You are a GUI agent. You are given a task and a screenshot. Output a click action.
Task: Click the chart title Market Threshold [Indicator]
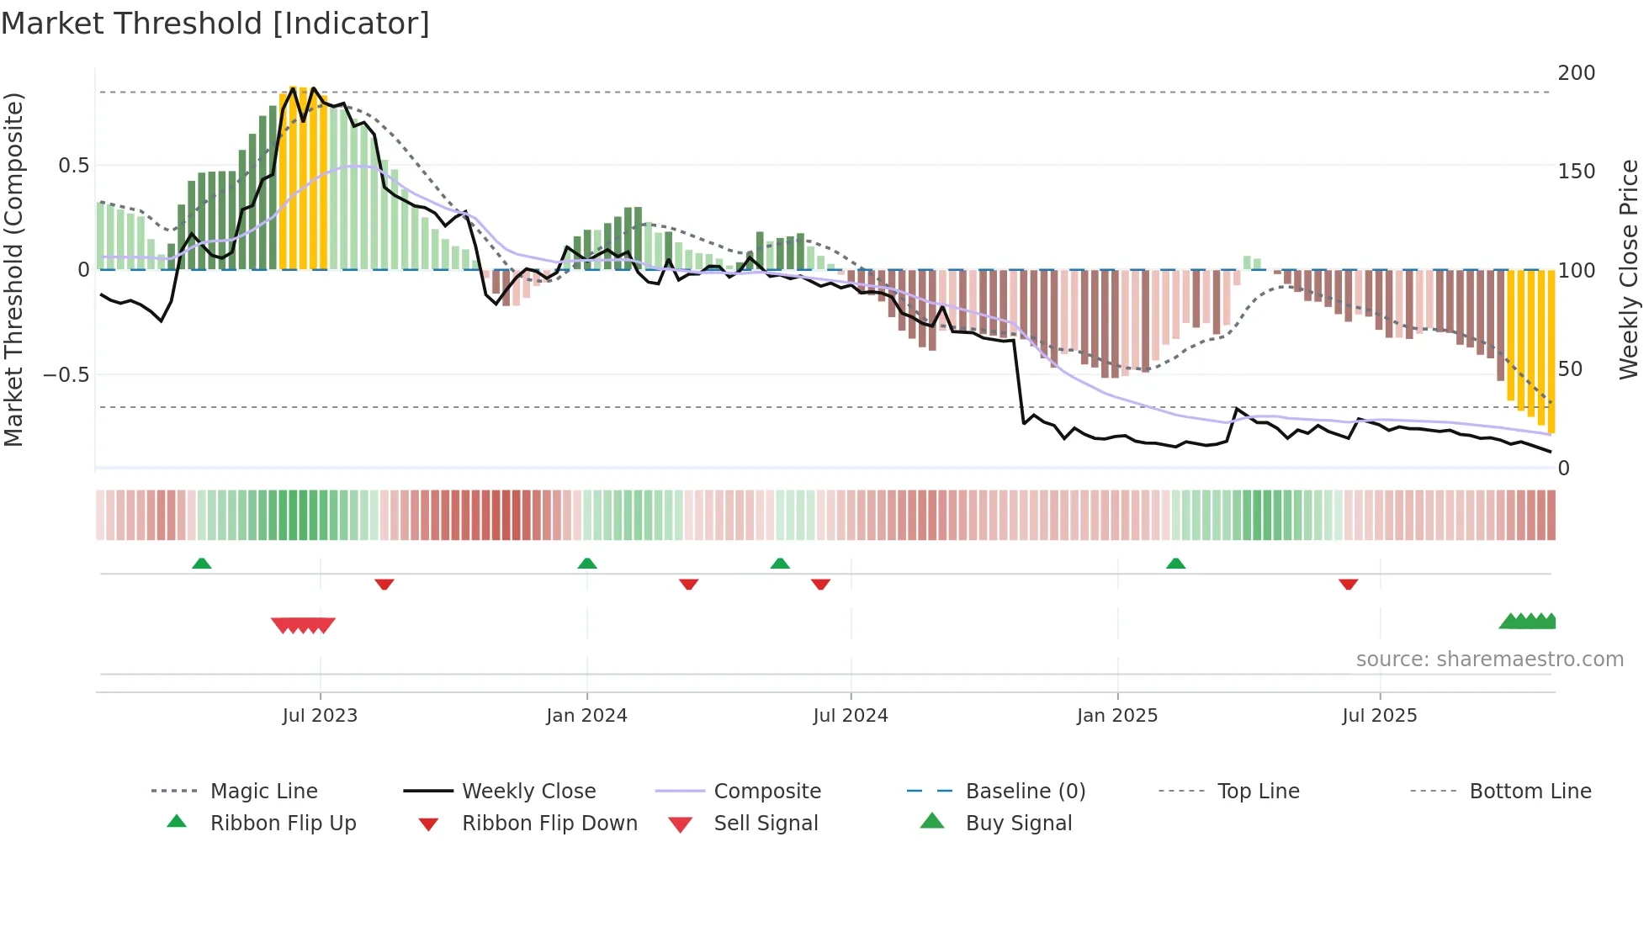click(x=215, y=24)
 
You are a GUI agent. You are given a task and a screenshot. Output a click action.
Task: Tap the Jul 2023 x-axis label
click(x=320, y=716)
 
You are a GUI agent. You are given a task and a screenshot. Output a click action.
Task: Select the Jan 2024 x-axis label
click(x=586, y=716)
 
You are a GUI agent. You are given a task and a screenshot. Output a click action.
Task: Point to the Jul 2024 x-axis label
click(x=851, y=716)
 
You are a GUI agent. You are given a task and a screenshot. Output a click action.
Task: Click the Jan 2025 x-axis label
click(x=1117, y=716)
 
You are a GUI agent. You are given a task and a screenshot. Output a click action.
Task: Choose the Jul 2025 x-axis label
click(x=1380, y=716)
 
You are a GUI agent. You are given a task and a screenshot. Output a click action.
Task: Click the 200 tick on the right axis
click(x=1576, y=73)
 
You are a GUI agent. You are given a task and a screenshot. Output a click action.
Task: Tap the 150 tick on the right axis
click(x=1576, y=172)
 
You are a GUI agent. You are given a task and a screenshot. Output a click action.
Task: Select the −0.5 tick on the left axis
click(x=66, y=374)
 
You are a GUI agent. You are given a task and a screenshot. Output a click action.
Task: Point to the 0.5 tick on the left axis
click(x=74, y=166)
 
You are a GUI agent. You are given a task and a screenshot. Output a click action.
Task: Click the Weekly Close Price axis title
click(x=1629, y=269)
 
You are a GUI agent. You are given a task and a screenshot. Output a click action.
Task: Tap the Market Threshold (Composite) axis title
click(x=13, y=269)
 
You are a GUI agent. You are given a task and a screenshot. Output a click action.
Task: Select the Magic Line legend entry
click(x=263, y=792)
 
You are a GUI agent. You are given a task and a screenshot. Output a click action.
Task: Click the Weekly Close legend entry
click(x=528, y=792)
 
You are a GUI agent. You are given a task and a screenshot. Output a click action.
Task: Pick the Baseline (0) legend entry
click(x=1025, y=792)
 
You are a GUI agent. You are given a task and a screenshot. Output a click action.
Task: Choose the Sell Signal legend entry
click(x=766, y=824)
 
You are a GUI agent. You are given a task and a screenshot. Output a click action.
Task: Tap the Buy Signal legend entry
click(x=1018, y=824)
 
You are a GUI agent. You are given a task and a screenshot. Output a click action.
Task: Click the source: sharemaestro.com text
click(x=1489, y=659)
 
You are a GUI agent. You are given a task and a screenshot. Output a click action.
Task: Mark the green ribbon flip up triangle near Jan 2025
click(x=1175, y=564)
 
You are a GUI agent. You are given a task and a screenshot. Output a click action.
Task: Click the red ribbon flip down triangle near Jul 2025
click(x=1348, y=584)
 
